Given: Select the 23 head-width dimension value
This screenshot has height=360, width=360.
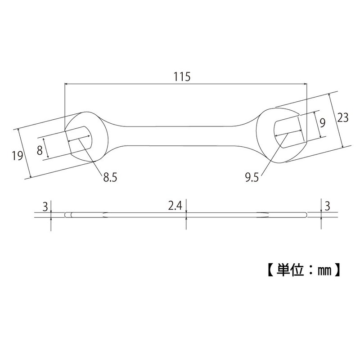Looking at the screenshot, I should point(343,117).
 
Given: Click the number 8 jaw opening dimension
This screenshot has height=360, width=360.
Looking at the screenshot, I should point(40,150).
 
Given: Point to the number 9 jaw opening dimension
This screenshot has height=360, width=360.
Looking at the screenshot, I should point(322,122).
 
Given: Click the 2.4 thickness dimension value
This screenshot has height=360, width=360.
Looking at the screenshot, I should point(175,206).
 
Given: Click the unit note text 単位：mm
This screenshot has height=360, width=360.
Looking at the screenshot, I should point(300,271).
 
